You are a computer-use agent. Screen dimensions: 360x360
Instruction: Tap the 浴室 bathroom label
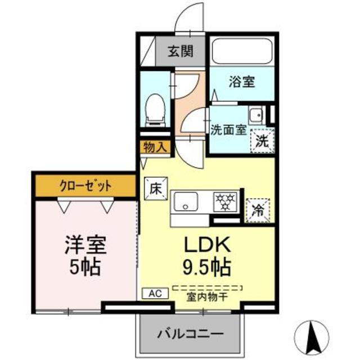click(x=241, y=81)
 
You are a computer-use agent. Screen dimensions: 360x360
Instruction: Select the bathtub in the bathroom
click(x=242, y=52)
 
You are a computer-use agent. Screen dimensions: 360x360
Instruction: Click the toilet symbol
click(x=154, y=109)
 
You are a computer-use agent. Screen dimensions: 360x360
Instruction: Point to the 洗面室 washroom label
click(x=228, y=130)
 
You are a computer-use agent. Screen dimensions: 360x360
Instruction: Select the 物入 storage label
click(x=153, y=147)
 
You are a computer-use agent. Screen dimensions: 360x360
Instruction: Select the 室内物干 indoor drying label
click(x=207, y=296)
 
